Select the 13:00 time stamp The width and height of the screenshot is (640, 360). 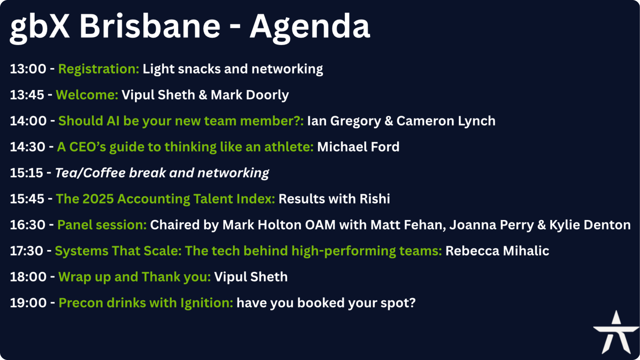(28, 69)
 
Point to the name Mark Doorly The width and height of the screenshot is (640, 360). (250, 95)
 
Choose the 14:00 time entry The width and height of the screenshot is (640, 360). (28, 121)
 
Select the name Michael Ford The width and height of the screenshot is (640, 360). (358, 147)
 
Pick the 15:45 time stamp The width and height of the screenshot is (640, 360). (27, 199)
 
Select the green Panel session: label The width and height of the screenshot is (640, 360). (102, 225)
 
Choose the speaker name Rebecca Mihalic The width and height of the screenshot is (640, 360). (497, 251)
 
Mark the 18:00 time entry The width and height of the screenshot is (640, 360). (28, 277)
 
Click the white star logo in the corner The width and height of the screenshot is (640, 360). (616, 333)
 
